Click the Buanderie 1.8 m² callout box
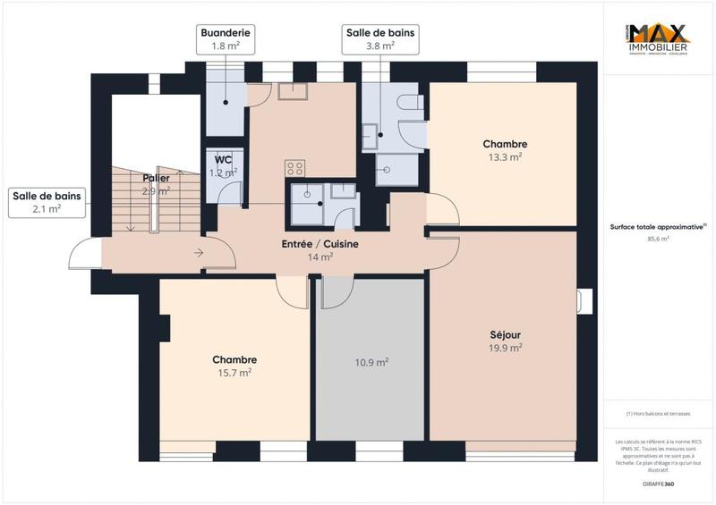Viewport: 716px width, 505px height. tap(225, 38)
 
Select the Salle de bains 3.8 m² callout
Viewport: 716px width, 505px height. tap(381, 38)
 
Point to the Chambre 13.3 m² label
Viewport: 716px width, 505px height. tap(505, 149)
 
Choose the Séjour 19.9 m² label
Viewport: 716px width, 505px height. tap(506, 341)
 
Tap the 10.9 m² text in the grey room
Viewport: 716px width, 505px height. tap(371, 362)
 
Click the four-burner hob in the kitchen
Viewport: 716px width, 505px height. tap(294, 168)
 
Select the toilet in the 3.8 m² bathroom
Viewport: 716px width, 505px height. tap(411, 105)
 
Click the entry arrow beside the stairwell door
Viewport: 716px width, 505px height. tap(198, 254)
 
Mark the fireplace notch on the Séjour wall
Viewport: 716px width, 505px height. tap(585, 301)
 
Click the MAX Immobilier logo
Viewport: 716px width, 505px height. tap(658, 41)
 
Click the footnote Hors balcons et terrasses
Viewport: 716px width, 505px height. tap(658, 413)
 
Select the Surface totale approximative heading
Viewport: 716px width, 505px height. tap(658, 227)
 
